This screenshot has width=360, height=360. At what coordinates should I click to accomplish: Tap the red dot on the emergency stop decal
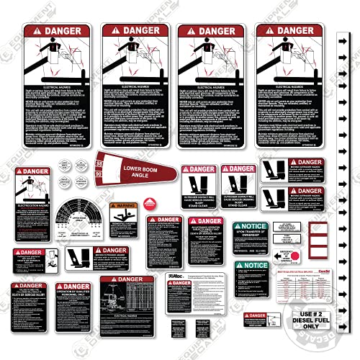pos(294,256)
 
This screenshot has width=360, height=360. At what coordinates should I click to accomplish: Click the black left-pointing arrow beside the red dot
pos(278,256)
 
